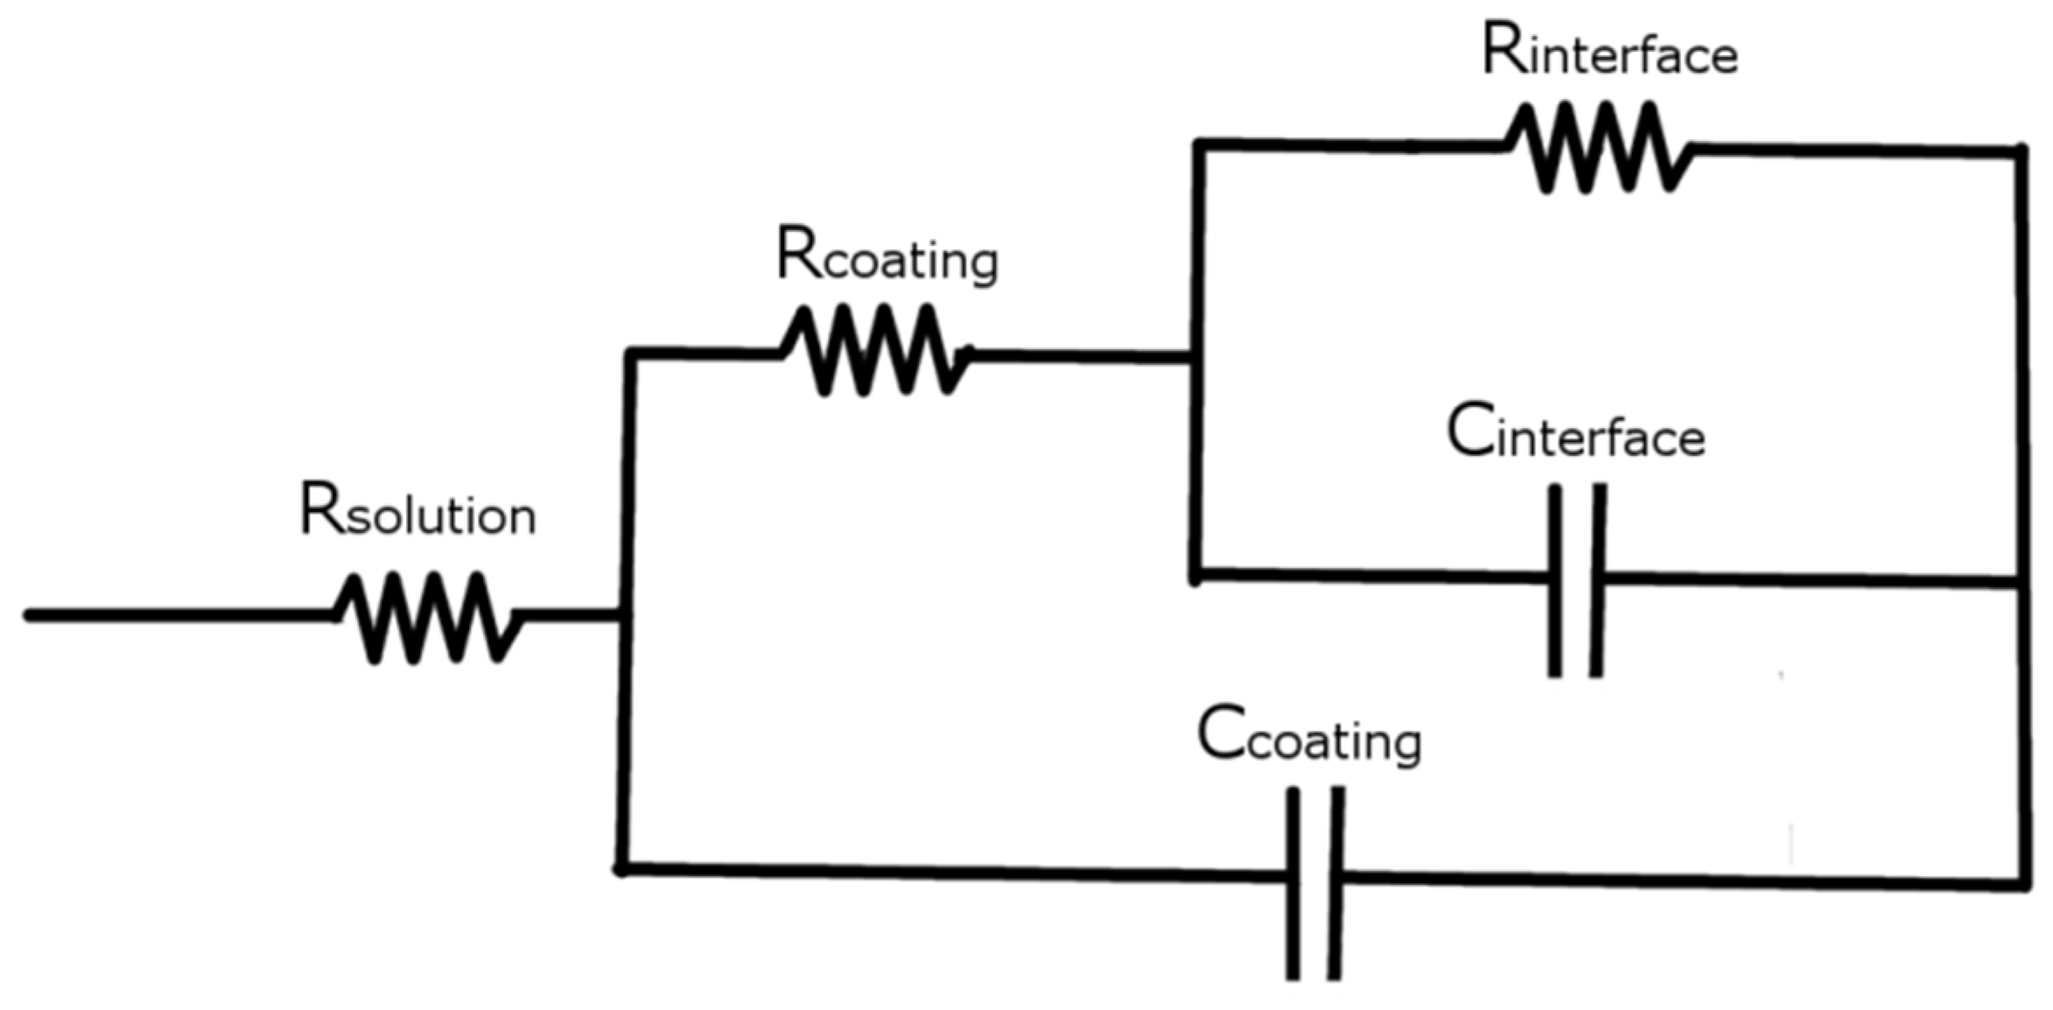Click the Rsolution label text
pyautogui.click(x=417, y=510)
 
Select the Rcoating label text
pyautogui.click(x=886, y=256)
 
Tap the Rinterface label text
pyautogui.click(x=1608, y=51)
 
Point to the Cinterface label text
pyautogui.click(x=1575, y=432)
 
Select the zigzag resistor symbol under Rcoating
pyautogui.click(x=875, y=350)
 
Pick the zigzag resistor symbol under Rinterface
pyautogui.click(x=1598, y=147)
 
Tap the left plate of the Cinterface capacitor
pyautogui.click(x=1555, y=580)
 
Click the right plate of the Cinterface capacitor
pyautogui.click(x=1598, y=580)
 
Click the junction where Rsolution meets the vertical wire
pyautogui.click(x=623, y=616)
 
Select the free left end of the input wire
pyautogui.click(x=28, y=616)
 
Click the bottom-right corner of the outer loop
pyautogui.click(x=2025, y=886)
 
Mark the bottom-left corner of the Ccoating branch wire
pyautogui.click(x=621, y=868)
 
